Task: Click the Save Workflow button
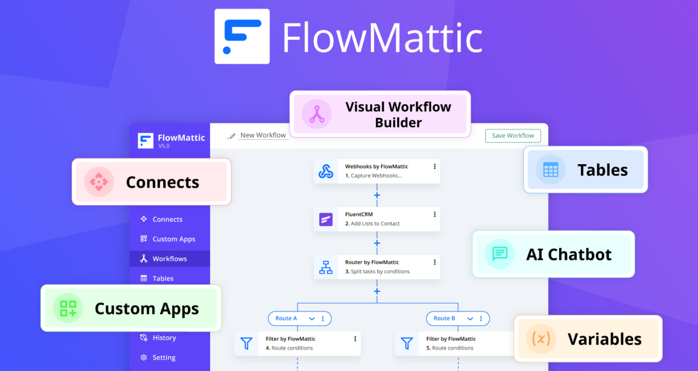pos(513,136)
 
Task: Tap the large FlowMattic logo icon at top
pos(242,36)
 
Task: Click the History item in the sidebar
pos(158,337)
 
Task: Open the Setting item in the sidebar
pos(158,357)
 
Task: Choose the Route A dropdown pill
pos(299,318)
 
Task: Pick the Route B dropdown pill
pos(458,318)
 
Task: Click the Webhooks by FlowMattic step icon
pos(326,171)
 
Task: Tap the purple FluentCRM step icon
pos(326,219)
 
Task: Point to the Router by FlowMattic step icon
pos(326,268)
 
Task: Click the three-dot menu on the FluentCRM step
pos(435,214)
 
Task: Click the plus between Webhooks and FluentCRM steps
pos(377,195)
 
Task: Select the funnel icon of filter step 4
pos(246,343)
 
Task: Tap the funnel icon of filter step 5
pos(407,343)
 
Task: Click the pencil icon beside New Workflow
pos(231,136)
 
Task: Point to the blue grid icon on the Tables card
pos(550,170)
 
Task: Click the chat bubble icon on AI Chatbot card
pos(500,254)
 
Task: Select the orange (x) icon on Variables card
pos(541,339)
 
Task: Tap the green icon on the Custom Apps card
pos(68,308)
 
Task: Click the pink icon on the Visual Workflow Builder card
pos(317,114)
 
